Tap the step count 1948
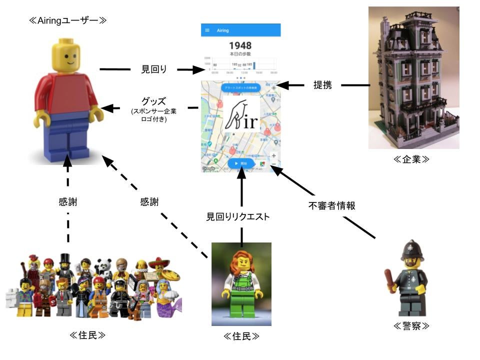240,46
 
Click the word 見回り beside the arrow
154,69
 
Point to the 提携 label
322,85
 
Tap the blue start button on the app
240,163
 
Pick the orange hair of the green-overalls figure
241,261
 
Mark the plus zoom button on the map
273,155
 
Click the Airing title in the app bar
223,30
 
